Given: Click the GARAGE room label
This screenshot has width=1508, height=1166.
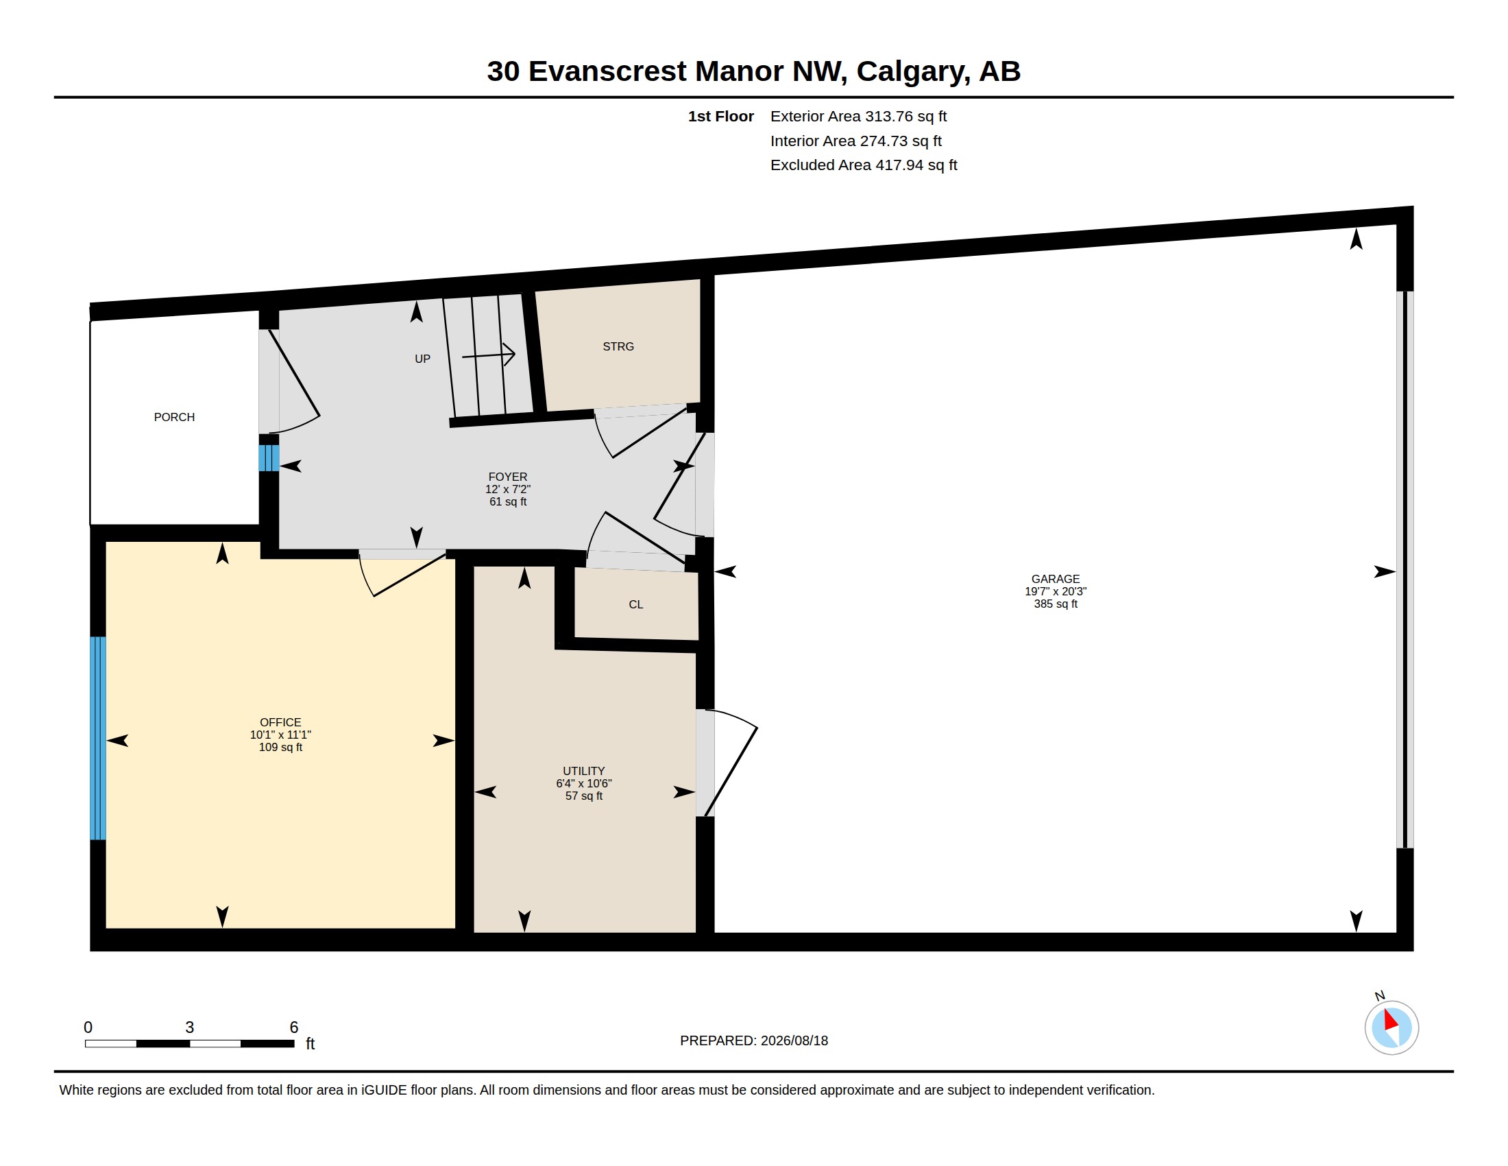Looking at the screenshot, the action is (x=1055, y=579).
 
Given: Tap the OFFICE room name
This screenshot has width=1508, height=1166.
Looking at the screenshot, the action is (x=280, y=722).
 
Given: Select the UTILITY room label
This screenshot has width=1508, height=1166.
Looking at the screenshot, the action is (x=583, y=771).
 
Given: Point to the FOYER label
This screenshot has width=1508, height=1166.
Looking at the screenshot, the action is (x=507, y=477).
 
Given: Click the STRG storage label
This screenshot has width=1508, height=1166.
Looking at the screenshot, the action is (x=618, y=346).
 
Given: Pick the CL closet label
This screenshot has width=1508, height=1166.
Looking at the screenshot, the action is (x=636, y=604).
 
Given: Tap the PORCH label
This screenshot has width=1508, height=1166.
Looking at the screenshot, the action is (x=174, y=417).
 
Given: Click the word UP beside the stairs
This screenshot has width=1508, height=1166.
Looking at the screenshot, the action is (x=422, y=359).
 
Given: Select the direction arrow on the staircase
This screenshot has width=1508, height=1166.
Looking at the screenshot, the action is (x=488, y=355).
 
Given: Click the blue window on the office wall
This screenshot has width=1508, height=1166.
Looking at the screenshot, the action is (x=98, y=738).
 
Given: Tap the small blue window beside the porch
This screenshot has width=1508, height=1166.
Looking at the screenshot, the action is (x=269, y=458).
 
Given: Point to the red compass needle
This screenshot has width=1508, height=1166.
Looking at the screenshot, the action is (x=1391, y=1021).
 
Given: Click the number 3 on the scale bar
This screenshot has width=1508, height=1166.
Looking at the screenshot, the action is (x=189, y=1027).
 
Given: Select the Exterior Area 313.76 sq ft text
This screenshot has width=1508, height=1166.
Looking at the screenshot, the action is (x=858, y=116).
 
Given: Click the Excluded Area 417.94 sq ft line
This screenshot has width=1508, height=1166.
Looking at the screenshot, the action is (x=864, y=165).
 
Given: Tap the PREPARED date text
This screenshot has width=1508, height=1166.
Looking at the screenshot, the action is (x=754, y=1040).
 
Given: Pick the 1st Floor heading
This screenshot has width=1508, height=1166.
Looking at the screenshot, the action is (x=720, y=116).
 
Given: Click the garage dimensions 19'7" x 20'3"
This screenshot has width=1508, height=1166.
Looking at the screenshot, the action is (x=1055, y=591).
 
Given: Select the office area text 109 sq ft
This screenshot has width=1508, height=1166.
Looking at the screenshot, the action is (x=280, y=747).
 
